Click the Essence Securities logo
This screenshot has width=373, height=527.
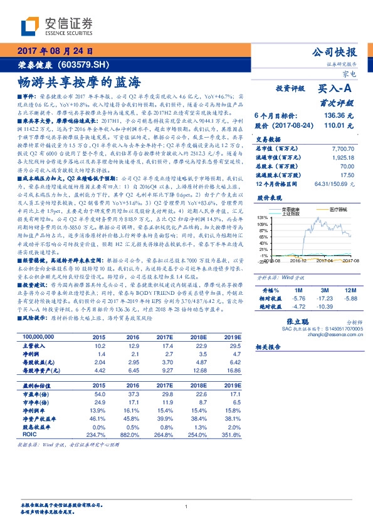(56, 27)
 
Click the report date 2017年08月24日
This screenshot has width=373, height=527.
(55, 51)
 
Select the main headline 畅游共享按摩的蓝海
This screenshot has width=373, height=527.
(78, 81)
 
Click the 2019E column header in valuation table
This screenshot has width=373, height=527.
(232, 385)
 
